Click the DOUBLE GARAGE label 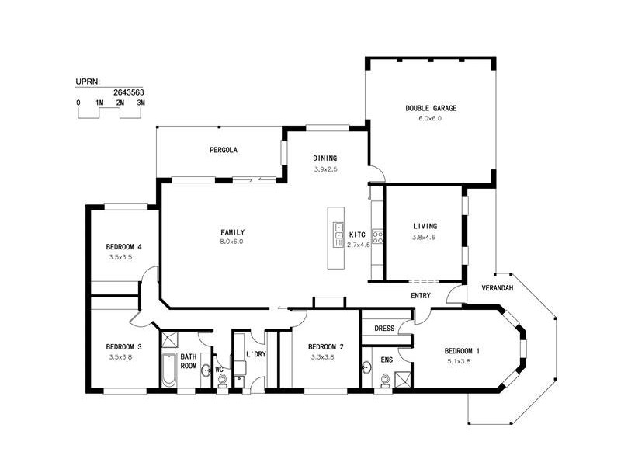(x=430, y=108)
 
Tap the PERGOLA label (x=223, y=150)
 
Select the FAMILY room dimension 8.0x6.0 (x=233, y=242)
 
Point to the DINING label (x=324, y=158)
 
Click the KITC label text (x=357, y=234)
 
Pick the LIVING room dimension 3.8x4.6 (x=425, y=237)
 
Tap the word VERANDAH (x=497, y=287)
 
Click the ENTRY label (x=421, y=295)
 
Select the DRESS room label (x=384, y=329)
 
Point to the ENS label (x=387, y=360)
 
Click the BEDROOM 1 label (x=462, y=351)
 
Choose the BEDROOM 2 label (x=325, y=347)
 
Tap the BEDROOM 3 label (x=123, y=346)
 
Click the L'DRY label (x=257, y=355)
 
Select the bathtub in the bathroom (x=168, y=370)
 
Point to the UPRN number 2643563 (x=128, y=91)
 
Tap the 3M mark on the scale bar (x=141, y=103)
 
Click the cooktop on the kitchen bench (x=377, y=236)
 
